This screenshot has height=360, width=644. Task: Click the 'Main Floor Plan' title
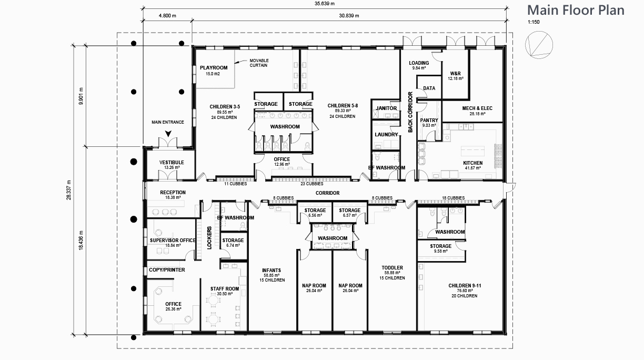click(576, 10)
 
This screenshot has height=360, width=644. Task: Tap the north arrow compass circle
click(539, 32)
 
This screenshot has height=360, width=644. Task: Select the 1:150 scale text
click(534, 22)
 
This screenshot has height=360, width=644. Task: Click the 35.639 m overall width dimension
click(325, 4)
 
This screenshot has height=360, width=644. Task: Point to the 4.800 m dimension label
click(167, 16)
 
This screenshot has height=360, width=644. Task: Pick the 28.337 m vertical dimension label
click(68, 190)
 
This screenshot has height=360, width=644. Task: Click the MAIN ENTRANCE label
click(168, 122)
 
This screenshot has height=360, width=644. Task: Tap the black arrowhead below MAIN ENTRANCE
click(168, 133)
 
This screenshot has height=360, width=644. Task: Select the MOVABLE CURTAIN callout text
click(259, 63)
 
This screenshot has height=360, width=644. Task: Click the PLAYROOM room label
click(214, 67)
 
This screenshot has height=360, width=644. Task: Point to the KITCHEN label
click(473, 163)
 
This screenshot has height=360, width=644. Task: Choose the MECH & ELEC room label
click(477, 108)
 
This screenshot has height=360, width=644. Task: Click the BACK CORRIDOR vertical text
click(410, 112)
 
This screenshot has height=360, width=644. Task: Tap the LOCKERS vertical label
click(209, 238)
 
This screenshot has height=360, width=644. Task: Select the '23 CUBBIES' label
click(312, 184)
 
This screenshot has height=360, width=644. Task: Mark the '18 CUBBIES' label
click(454, 198)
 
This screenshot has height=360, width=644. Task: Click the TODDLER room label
click(392, 268)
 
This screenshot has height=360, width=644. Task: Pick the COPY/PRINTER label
click(167, 269)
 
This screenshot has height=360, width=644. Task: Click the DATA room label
click(429, 88)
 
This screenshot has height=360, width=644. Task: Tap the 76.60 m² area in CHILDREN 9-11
click(465, 291)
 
